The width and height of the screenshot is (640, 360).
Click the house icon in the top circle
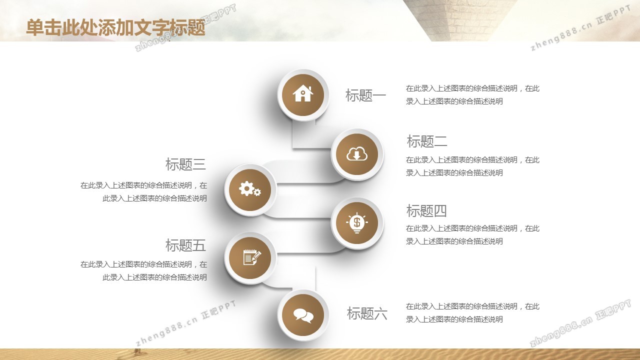[303, 93]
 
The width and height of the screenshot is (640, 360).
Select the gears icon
[249, 188]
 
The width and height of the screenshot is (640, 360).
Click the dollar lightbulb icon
[357, 223]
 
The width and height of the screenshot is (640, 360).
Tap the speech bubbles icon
[303, 315]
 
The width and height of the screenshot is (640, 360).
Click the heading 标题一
[365, 95]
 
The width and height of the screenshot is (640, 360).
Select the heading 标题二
[427, 141]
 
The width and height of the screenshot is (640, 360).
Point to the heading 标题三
[185, 164]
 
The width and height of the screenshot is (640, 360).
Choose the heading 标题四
[426, 211]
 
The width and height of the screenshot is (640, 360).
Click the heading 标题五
[185, 245]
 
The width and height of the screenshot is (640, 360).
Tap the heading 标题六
[367, 313]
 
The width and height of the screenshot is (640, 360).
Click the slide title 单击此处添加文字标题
[115, 27]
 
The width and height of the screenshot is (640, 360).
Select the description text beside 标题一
[472, 95]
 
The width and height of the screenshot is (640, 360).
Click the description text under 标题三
[143, 191]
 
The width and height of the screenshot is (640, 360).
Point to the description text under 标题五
[143, 270]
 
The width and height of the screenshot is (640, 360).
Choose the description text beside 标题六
[472, 313]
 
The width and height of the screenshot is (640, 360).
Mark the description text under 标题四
[472, 235]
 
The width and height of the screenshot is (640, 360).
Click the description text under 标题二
[472, 166]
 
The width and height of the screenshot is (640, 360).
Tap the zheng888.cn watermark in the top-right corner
[580, 28]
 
